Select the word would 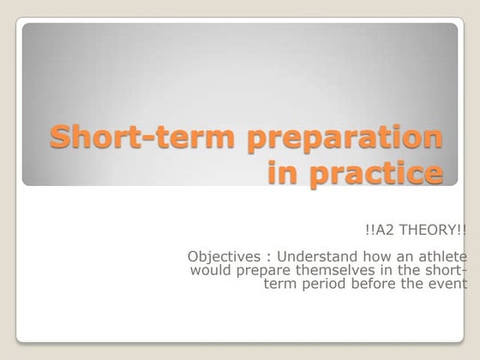209,271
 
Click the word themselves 333,271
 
